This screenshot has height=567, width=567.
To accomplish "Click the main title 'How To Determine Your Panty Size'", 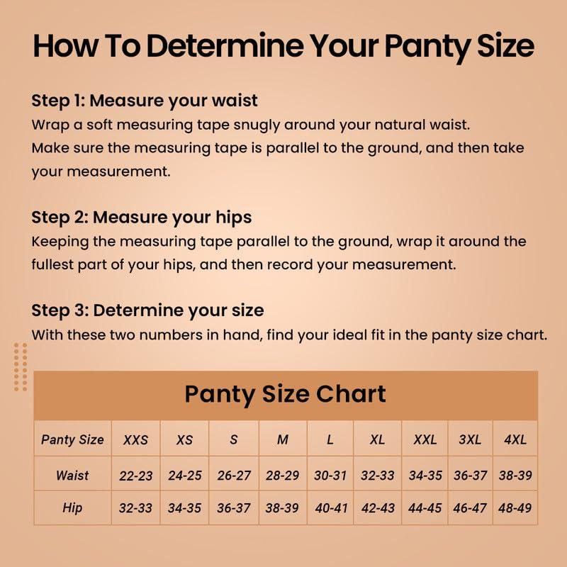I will click(x=283, y=47).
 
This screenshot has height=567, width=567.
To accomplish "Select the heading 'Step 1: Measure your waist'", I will click(x=145, y=100).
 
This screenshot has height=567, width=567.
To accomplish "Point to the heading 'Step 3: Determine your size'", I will click(x=147, y=310).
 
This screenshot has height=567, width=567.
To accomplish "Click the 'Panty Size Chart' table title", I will click(x=285, y=395).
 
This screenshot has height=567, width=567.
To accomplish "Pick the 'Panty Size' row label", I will click(x=72, y=439).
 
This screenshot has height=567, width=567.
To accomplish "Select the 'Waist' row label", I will click(x=72, y=475).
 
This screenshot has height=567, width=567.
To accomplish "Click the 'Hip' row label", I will click(x=72, y=508).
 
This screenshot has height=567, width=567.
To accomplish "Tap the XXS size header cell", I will click(x=135, y=439).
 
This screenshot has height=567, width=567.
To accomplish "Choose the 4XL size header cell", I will click(x=515, y=439).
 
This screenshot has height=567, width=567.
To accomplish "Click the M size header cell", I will click(x=283, y=439).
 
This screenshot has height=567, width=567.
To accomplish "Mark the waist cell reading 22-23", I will click(x=135, y=476).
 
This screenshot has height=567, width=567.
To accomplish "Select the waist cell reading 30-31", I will click(x=330, y=476).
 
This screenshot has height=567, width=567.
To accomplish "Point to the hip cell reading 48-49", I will click(x=515, y=509).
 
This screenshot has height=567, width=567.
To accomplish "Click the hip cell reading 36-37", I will click(x=234, y=509).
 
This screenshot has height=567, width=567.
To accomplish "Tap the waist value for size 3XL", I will click(x=470, y=476).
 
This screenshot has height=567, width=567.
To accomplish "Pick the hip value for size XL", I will click(x=378, y=509).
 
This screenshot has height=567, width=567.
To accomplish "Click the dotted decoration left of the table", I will click(x=21, y=366).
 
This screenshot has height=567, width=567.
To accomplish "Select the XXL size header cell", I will click(x=425, y=439).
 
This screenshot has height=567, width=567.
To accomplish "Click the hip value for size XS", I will click(x=184, y=509).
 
